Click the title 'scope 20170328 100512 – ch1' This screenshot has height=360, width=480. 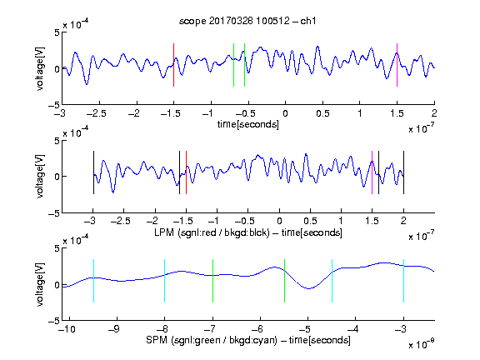[247, 21]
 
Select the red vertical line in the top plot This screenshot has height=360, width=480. [173, 65]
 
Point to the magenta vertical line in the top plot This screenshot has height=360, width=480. [397, 65]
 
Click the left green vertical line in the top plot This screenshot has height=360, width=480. [233, 65]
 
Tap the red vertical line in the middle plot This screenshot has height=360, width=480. [186, 172]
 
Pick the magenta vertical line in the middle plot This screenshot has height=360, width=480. [372, 172]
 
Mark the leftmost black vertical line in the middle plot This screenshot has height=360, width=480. [93, 172]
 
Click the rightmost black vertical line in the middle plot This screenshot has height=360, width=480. [403, 172]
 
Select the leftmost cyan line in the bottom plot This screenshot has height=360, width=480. [93, 281]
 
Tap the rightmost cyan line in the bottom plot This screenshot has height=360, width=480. [403, 281]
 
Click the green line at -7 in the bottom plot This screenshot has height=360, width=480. [212, 281]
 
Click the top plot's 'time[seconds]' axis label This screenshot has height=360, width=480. [248, 124]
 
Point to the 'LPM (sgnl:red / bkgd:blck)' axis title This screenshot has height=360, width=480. [212, 232]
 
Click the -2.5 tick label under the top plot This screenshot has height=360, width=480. [97, 113]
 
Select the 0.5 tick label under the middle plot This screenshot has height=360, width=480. [310, 221]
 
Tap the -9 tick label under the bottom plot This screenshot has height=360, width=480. [114, 329]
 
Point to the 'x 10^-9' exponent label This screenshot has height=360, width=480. [422, 343]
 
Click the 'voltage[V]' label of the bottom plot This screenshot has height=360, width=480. [40, 284]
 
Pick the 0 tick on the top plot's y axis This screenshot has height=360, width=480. [57, 69]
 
